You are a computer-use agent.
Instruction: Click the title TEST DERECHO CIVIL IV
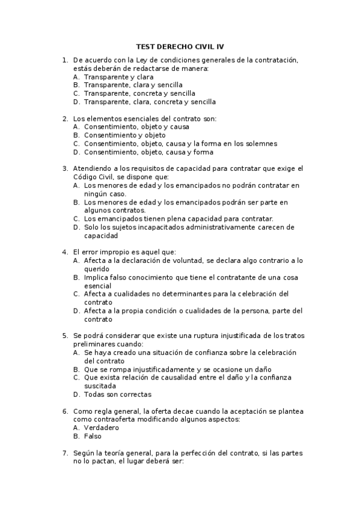[x=180, y=46]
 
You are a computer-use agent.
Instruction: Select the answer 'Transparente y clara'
[x=118, y=77]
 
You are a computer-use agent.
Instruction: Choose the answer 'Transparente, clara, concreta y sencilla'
[x=150, y=102]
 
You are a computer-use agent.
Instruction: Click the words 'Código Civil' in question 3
[x=91, y=177]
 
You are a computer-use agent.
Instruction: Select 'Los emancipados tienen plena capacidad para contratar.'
[x=178, y=219]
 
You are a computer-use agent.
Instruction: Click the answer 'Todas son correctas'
[x=118, y=395]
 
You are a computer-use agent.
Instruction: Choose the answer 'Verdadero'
[x=102, y=428]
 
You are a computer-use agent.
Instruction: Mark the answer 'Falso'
[x=93, y=436]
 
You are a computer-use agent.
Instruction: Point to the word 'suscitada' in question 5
[x=100, y=386]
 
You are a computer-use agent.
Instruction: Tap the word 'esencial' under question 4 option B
[x=97, y=286]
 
